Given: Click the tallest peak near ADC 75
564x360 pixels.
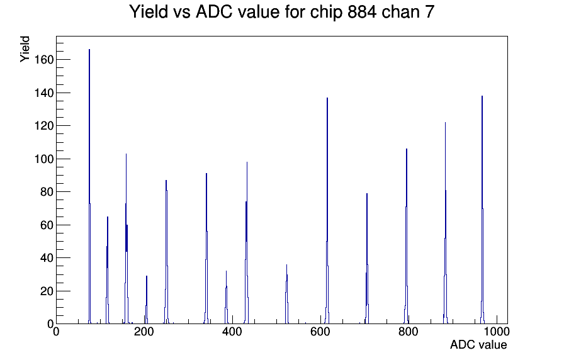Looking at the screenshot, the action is [89, 186].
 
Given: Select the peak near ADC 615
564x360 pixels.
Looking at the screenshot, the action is [327, 210].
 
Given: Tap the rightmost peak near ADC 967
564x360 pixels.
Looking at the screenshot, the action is [482, 210].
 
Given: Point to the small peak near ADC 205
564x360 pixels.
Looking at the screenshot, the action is [147, 300].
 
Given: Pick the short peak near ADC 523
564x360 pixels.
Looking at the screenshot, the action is [286, 294].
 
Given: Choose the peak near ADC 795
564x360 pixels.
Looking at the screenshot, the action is [407, 236].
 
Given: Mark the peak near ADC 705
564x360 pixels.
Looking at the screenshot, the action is [367, 258].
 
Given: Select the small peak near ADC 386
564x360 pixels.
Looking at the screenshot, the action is [226, 297].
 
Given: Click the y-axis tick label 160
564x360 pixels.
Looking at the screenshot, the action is [44, 60].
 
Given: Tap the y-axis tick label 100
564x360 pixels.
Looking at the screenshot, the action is [44, 159].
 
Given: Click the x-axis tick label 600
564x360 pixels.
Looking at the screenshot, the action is [320, 332].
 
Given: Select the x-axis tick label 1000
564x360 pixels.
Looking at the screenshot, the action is [497, 332].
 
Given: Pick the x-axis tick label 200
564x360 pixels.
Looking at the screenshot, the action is [144, 332].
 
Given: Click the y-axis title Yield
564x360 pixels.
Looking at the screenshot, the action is [25, 49].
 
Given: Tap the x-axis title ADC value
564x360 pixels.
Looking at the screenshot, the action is [478, 345].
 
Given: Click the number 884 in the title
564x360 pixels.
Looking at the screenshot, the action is [362, 12].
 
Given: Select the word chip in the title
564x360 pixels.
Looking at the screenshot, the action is [326, 13].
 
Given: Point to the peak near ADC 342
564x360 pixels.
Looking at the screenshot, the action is [206, 248].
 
